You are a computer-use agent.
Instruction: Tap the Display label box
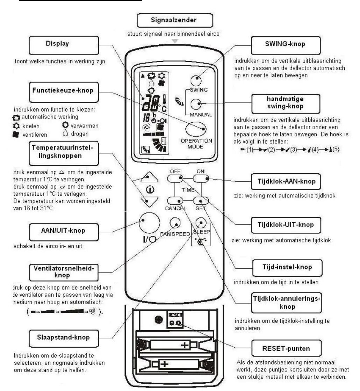57,44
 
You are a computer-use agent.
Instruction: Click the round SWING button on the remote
196,80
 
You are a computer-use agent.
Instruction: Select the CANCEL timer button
175,201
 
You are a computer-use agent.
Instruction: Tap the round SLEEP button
200,223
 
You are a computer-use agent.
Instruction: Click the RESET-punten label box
286,348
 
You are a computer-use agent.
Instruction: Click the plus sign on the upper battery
183,345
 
